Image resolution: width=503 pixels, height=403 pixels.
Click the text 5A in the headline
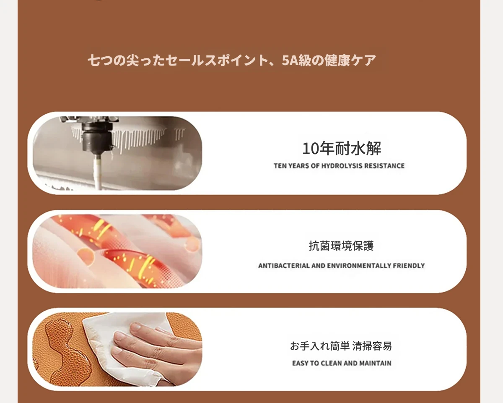288,60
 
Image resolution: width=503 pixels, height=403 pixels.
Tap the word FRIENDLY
409,266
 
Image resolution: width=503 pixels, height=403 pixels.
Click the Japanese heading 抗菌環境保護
341,246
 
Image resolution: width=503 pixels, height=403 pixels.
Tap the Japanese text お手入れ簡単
320,346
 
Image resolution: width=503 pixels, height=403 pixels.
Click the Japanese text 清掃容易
372,346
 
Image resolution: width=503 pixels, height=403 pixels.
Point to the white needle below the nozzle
98,172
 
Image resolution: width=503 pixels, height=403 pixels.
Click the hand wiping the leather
156,347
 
